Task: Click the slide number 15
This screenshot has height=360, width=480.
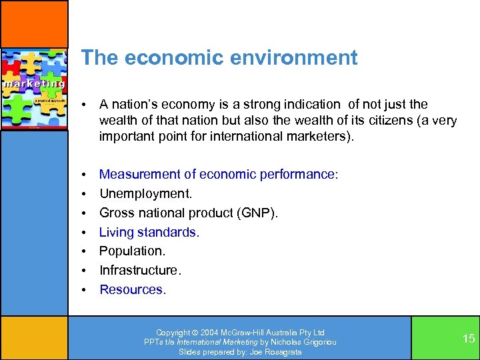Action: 469,339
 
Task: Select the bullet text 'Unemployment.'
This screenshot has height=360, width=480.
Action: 145,193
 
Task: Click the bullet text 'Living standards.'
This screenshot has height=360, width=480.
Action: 149,232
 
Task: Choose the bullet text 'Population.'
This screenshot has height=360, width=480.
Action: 132,251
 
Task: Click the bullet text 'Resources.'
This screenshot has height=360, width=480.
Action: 133,289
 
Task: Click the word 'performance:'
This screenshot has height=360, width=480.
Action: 302,174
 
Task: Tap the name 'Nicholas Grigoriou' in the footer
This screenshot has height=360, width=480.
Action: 305,342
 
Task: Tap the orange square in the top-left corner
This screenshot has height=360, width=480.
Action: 34,23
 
